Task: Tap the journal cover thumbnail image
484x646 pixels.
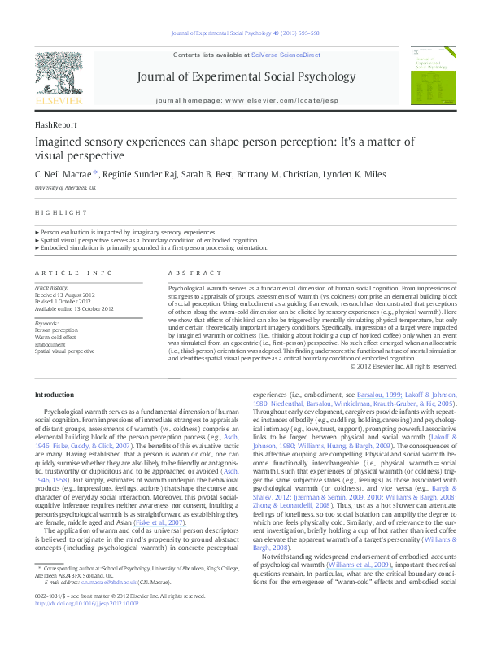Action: point(425,79)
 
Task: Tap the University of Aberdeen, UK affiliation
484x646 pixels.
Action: point(65,187)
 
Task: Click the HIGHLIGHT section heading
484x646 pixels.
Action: point(61,212)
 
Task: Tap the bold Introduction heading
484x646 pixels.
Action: point(55,395)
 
